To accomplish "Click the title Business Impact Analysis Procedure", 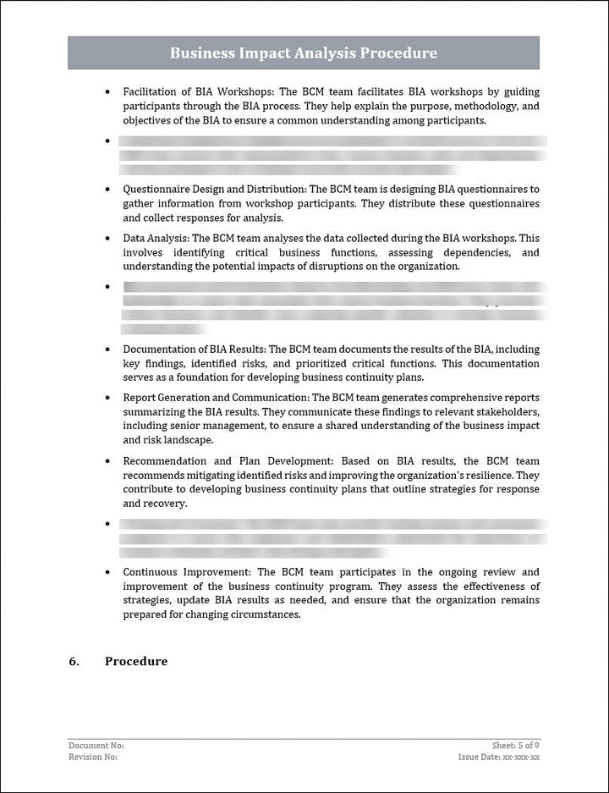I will click(x=304, y=53).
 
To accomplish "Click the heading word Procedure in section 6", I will click(x=136, y=661).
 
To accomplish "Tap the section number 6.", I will click(x=74, y=661).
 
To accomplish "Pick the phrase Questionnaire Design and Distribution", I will click(x=215, y=190).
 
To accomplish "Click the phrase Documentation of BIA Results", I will click(x=194, y=349).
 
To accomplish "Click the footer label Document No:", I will click(x=96, y=746).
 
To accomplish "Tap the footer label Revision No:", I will click(x=93, y=757).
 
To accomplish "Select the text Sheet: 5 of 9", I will click(x=515, y=746).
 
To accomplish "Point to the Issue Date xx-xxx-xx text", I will click(x=509, y=757).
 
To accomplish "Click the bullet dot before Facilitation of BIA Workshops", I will click(x=107, y=91).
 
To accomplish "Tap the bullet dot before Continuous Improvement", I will click(x=107, y=572).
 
